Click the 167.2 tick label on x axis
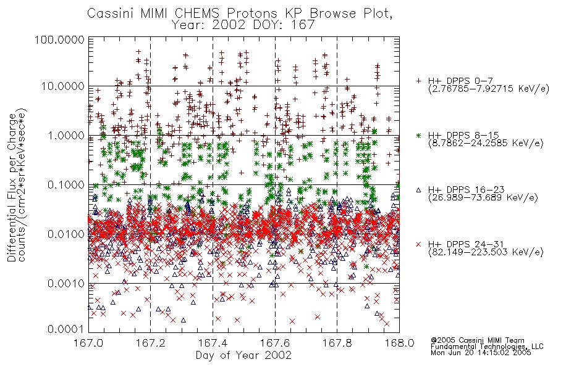click(x=151, y=343)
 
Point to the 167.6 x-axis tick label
click(x=275, y=343)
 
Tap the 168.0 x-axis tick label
click(x=399, y=343)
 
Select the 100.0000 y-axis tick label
click(x=59, y=39)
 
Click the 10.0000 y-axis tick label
click(x=62, y=86)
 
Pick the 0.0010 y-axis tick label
click(x=66, y=284)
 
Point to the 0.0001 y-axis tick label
click(x=66, y=329)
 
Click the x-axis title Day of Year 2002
click(x=243, y=355)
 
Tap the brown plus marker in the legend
click(x=418, y=81)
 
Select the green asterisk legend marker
click(x=418, y=135)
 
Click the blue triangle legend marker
click(x=418, y=190)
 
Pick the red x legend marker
click(x=418, y=244)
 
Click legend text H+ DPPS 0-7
click(x=460, y=81)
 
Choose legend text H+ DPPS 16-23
click(x=467, y=190)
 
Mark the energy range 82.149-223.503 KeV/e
click(x=486, y=252)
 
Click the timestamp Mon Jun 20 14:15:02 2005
click(x=481, y=353)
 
